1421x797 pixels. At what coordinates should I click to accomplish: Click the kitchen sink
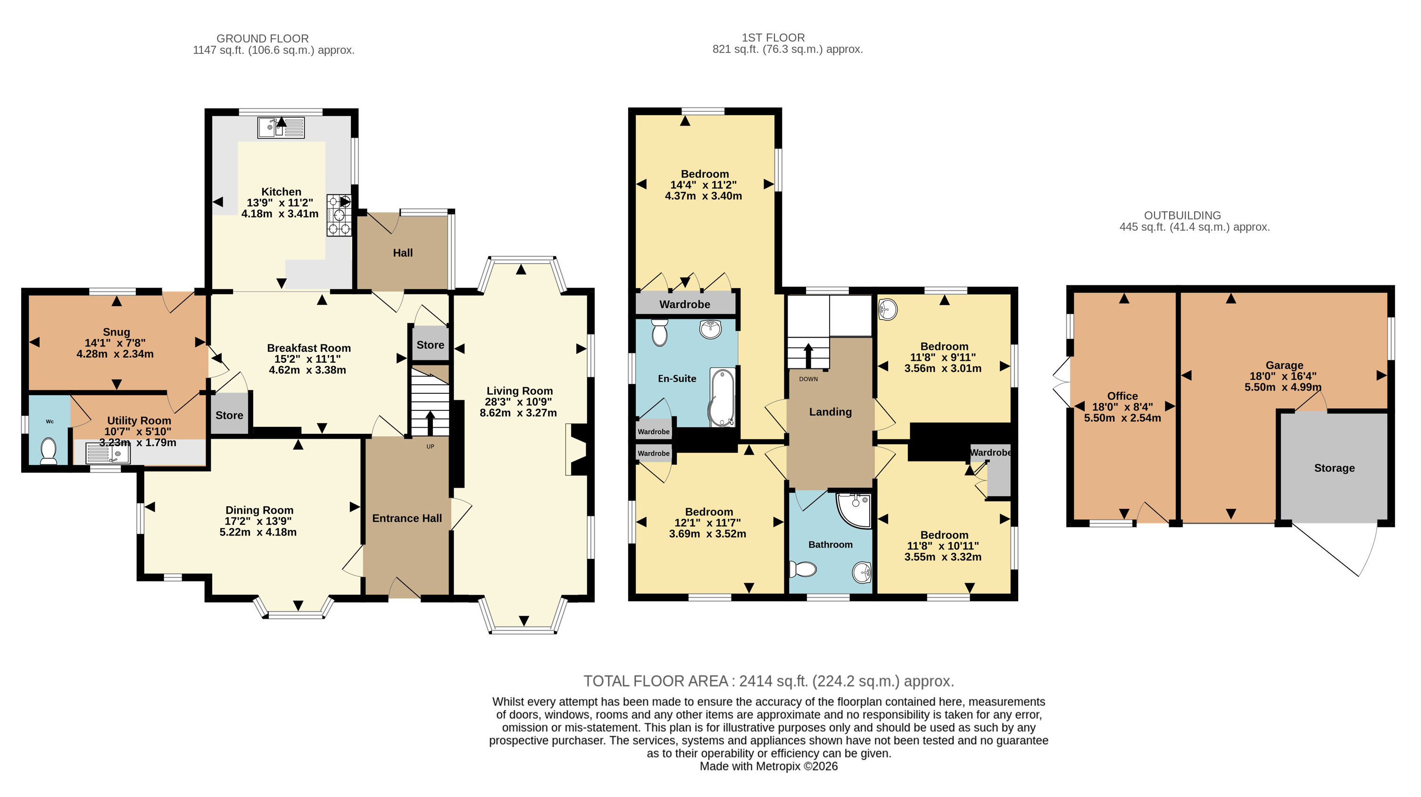tap(281, 128)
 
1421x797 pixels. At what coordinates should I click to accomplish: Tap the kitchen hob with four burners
tap(339, 215)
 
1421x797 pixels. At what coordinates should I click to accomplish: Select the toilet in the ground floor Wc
tap(49, 451)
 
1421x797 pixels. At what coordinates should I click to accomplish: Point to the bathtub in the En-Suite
tap(722, 398)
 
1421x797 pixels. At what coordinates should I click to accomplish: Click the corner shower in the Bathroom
tap(854, 511)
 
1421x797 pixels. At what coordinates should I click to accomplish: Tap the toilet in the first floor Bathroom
tap(803, 569)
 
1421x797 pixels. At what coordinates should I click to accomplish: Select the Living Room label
tap(520, 390)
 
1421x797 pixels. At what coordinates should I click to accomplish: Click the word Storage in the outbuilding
tap(1334, 468)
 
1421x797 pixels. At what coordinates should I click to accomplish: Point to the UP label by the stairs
tap(430, 446)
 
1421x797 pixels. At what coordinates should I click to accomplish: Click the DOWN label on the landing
tap(809, 379)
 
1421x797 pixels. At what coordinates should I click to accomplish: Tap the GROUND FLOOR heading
tap(263, 39)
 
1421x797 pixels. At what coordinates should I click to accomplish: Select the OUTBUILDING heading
tap(1182, 215)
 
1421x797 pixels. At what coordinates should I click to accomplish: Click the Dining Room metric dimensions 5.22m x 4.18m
tap(258, 532)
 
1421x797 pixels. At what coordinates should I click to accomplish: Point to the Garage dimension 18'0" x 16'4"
tap(1283, 376)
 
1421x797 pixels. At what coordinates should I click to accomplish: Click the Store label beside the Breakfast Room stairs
tap(430, 345)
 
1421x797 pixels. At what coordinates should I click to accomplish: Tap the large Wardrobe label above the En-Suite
tap(685, 304)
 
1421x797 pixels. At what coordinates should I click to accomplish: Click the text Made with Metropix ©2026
tap(769, 766)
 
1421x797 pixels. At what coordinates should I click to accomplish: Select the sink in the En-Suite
tap(710, 329)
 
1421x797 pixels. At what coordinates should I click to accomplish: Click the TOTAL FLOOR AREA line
tap(769, 681)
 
